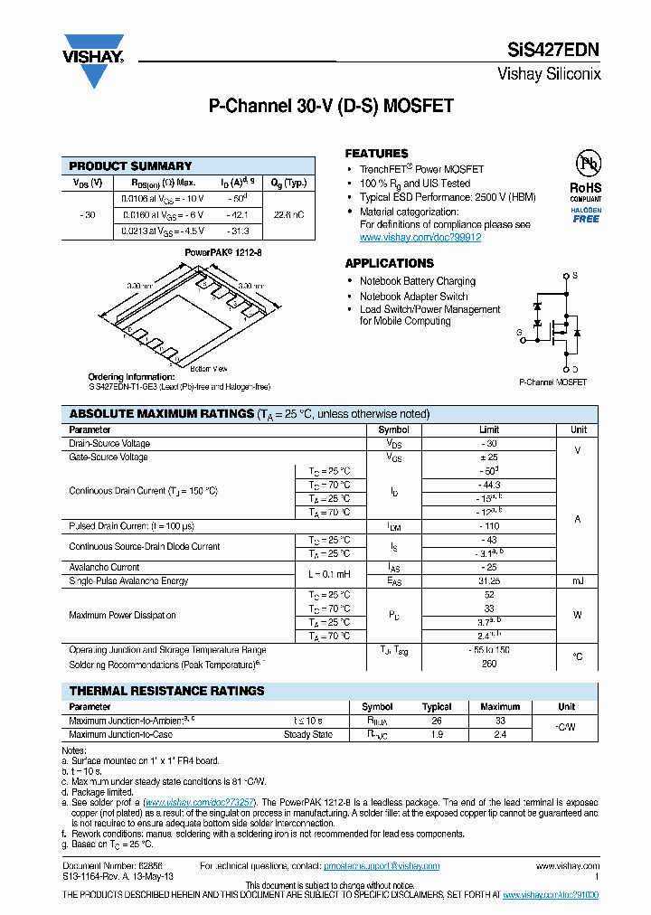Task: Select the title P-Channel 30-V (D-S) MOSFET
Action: (x=331, y=107)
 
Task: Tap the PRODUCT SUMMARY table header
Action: (x=130, y=166)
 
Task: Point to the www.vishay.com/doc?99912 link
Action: (x=420, y=238)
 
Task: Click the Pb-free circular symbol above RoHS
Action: (x=586, y=164)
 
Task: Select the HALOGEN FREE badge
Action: (x=586, y=214)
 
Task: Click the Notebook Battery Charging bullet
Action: (x=417, y=281)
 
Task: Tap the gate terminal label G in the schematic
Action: (x=520, y=333)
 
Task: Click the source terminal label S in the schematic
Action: (x=576, y=276)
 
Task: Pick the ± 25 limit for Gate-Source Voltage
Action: (x=489, y=457)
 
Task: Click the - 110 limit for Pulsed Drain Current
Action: (x=489, y=526)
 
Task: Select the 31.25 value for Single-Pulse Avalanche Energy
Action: (x=489, y=581)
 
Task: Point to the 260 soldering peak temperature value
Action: (x=489, y=664)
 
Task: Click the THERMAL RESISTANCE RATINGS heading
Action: (x=167, y=691)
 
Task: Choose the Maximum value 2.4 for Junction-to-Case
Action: (x=500, y=735)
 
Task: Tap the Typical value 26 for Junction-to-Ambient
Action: (x=437, y=721)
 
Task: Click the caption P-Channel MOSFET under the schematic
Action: (x=552, y=382)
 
